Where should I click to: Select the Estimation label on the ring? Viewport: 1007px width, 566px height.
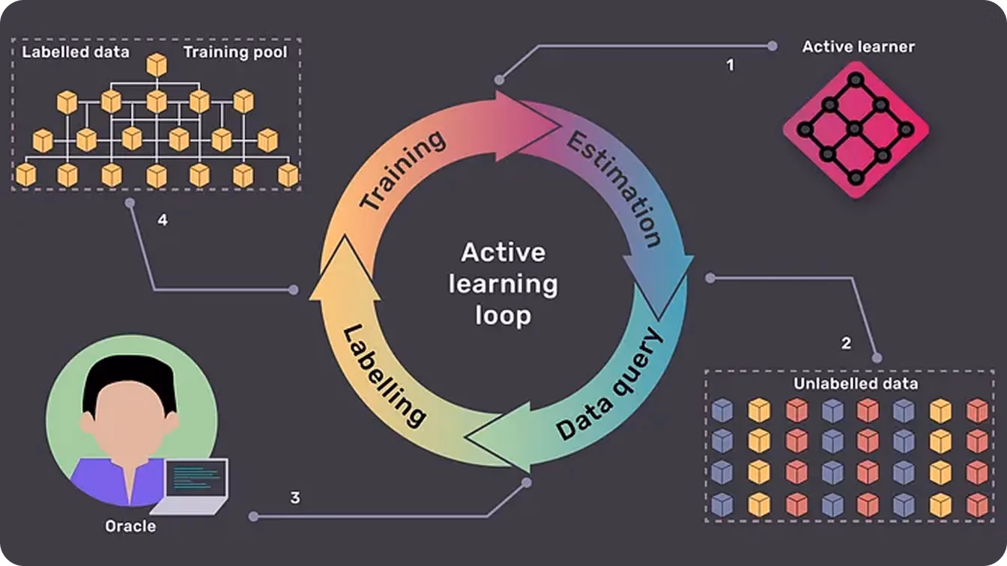(614, 189)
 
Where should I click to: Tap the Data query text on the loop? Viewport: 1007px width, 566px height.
(609, 384)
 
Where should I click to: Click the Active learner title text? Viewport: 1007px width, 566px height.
(858, 46)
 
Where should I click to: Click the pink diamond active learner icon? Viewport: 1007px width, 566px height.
(856, 130)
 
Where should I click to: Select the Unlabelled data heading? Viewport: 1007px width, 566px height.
(856, 383)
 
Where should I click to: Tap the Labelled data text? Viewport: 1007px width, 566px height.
(76, 52)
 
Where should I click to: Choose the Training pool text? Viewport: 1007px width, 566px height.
(235, 52)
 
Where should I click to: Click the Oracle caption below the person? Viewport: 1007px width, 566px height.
(130, 526)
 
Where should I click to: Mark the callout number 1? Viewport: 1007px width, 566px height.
(731, 65)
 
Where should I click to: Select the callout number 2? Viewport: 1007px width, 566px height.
(846, 343)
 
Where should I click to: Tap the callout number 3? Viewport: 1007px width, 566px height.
(295, 498)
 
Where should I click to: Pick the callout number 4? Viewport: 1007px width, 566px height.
(163, 220)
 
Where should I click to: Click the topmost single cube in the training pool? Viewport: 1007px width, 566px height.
(157, 64)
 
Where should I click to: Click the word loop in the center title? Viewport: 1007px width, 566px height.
(503, 316)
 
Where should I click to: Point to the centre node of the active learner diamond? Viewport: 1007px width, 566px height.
(855, 130)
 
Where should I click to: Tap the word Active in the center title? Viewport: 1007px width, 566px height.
(503, 252)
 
